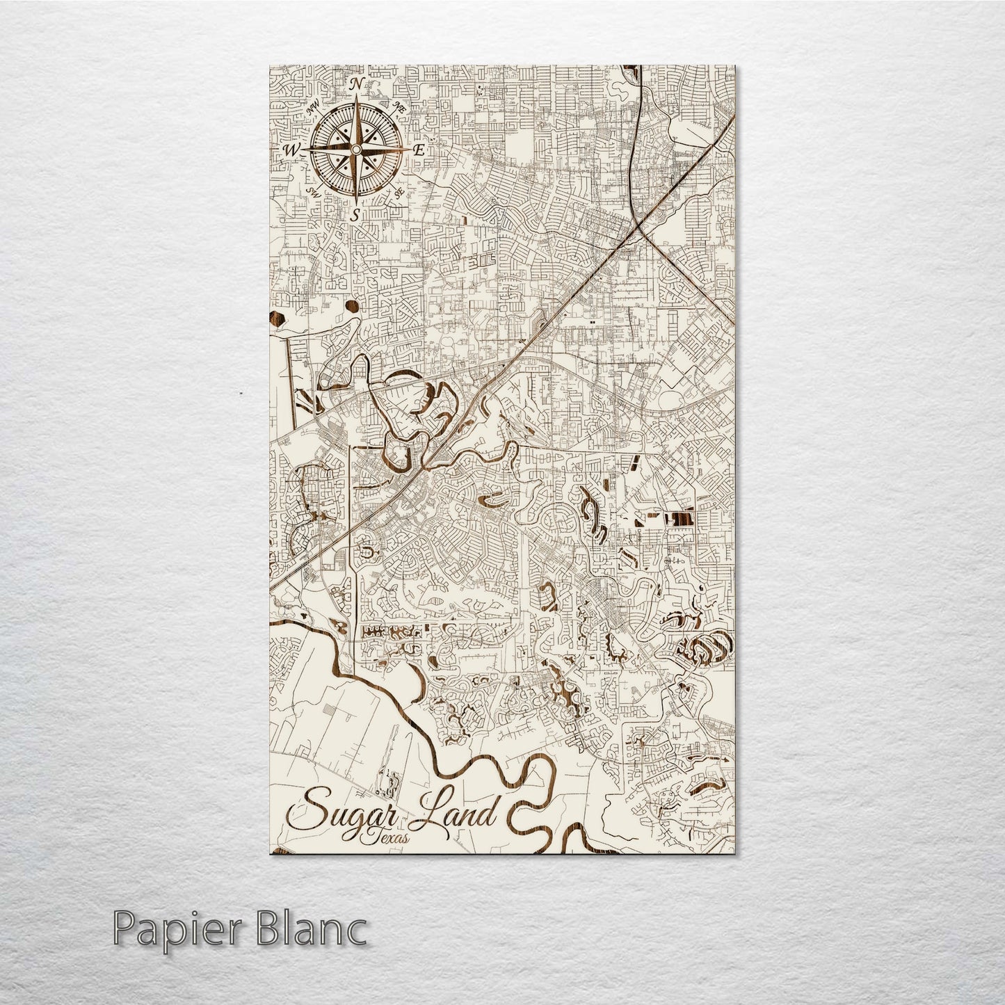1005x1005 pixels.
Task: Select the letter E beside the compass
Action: (x=419, y=150)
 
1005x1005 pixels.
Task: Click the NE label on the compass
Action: (x=399, y=107)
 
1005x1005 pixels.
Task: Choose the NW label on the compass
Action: (x=312, y=108)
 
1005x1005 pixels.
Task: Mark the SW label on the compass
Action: (x=312, y=191)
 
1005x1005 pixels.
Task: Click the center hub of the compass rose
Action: (x=355, y=149)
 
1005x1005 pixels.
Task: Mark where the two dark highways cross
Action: (x=638, y=228)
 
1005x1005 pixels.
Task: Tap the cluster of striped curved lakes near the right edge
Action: (x=705, y=649)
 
